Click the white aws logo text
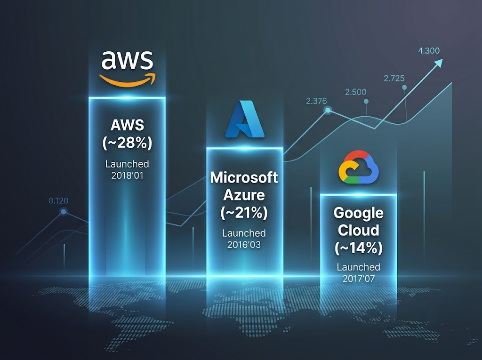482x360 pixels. click(x=127, y=60)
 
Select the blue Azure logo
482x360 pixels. click(x=245, y=119)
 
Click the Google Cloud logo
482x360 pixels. click(x=358, y=167)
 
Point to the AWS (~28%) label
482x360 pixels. click(x=127, y=134)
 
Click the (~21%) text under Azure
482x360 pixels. click(x=244, y=212)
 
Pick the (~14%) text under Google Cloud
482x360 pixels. click(x=358, y=248)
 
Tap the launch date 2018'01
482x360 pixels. click(x=127, y=176)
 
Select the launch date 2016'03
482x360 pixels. click(x=244, y=245)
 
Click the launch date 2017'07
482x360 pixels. click(x=359, y=279)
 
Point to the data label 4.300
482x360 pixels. click(x=429, y=51)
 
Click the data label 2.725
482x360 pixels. click(x=394, y=79)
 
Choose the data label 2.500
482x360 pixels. click(x=356, y=92)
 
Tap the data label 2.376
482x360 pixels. click(x=317, y=101)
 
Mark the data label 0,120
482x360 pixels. click(x=58, y=201)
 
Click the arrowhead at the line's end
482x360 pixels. click(x=438, y=63)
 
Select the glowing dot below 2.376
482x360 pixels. click(x=328, y=110)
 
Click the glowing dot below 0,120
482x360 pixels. click(x=64, y=211)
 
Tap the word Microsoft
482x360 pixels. click(x=244, y=177)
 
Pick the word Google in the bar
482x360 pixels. click(x=358, y=213)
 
